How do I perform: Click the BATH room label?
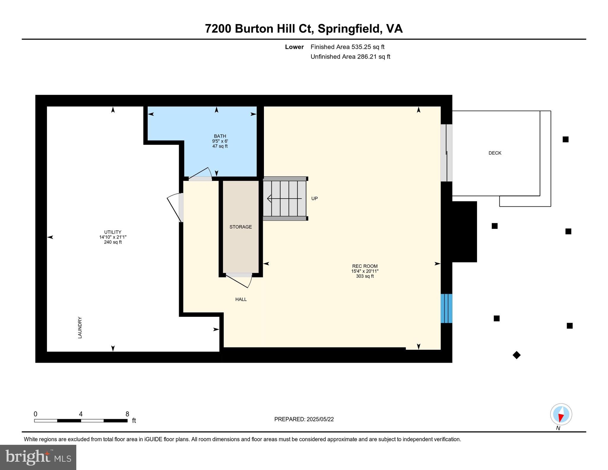pyautogui.click(x=220, y=136)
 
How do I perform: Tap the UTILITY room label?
pyautogui.click(x=113, y=232)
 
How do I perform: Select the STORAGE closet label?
pyautogui.click(x=240, y=227)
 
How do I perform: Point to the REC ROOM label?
pyautogui.click(x=365, y=266)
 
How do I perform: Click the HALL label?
pyautogui.click(x=241, y=299)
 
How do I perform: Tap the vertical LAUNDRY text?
pyautogui.click(x=80, y=327)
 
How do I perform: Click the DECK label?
pyautogui.click(x=495, y=153)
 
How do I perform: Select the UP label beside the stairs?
pyautogui.click(x=314, y=199)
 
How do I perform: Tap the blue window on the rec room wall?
pyautogui.click(x=446, y=308)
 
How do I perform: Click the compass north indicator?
pyautogui.click(x=561, y=414)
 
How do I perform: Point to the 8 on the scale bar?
pyautogui.click(x=127, y=414)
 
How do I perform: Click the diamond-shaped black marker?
pyautogui.click(x=516, y=355)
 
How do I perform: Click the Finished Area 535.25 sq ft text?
pyautogui.click(x=347, y=47)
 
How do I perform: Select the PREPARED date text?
pyautogui.click(x=304, y=419)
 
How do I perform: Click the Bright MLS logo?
pyautogui.click(x=38, y=457)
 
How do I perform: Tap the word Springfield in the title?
pyautogui.click(x=349, y=29)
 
